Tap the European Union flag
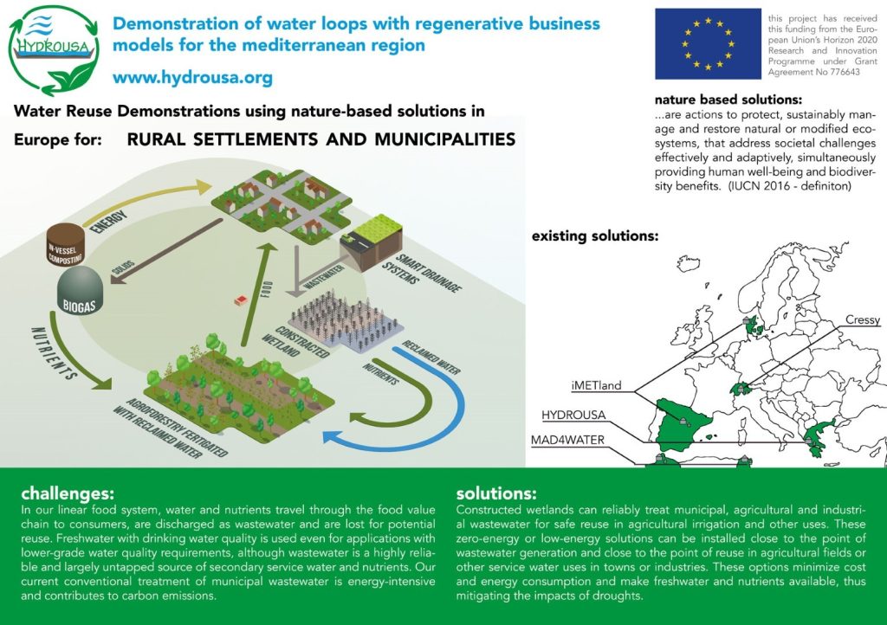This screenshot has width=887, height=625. pyautogui.click(x=707, y=43)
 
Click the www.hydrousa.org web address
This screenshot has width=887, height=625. pyautogui.click(x=192, y=78)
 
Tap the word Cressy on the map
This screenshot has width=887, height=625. pyautogui.click(x=862, y=319)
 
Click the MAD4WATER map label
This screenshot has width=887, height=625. pyautogui.click(x=567, y=440)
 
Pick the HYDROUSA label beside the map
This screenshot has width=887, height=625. pyautogui.click(x=573, y=414)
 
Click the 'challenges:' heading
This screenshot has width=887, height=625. pyautogui.click(x=67, y=494)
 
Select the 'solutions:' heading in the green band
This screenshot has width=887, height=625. pyautogui.click(x=495, y=494)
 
